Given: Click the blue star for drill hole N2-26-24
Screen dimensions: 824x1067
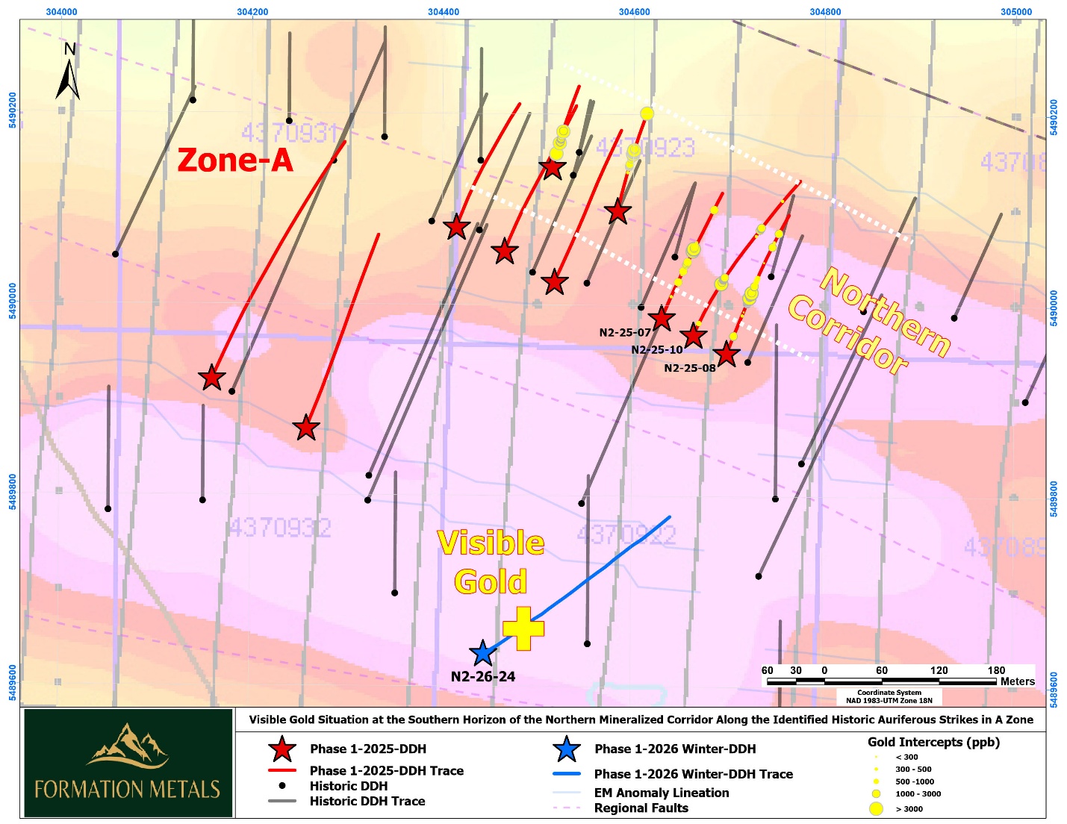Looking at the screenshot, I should [483, 654].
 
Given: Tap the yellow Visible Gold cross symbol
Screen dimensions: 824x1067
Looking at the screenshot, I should [523, 628].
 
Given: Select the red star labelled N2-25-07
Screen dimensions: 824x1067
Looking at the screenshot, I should [662, 319].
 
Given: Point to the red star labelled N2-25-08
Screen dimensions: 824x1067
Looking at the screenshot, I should [726, 355].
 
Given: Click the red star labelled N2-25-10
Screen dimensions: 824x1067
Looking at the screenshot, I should [694, 336].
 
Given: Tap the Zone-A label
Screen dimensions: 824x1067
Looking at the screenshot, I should [235, 160].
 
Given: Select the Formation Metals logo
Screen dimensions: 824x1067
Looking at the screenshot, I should [128, 763].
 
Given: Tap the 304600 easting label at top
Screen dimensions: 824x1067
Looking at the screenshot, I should [634, 11].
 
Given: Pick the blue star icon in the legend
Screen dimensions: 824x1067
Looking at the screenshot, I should [567, 749].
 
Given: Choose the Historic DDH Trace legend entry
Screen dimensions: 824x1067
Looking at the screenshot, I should [367, 802].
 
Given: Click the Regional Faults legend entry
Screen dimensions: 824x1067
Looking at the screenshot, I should [641, 808].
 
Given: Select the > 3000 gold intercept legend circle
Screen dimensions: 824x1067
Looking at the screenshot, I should [877, 809].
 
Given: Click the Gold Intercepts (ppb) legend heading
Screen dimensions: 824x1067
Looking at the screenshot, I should [933, 742].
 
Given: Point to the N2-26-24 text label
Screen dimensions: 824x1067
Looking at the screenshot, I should [483, 677].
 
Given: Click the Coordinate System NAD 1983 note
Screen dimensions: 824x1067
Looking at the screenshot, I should [889, 697].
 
